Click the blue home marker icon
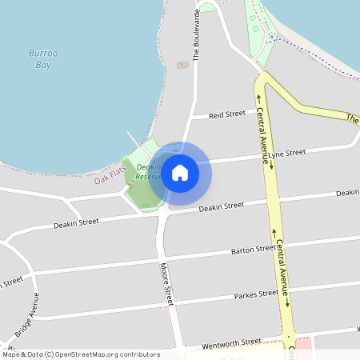point(180,172)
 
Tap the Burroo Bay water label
point(42,58)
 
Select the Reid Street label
point(226,115)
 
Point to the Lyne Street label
point(287,153)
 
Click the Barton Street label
point(253,250)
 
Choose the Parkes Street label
point(256,295)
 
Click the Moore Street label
point(166,285)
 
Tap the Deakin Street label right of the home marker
point(221,206)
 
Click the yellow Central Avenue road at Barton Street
point(278,247)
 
